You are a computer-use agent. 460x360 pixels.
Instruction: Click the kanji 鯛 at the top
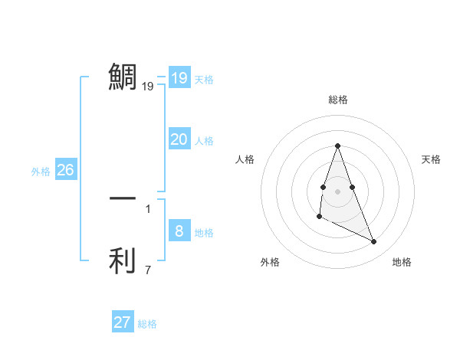pos(123,78)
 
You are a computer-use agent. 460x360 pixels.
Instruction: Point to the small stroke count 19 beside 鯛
pos(148,87)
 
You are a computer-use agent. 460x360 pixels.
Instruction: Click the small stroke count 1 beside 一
pos(148,208)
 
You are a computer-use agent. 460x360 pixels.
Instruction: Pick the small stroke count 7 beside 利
pos(148,270)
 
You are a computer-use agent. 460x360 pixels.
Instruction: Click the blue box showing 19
pos(179,78)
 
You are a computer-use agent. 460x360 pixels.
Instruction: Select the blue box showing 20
pos(179,139)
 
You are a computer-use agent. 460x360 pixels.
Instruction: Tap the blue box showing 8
pos(179,231)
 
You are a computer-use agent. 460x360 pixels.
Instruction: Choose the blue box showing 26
pos(65,170)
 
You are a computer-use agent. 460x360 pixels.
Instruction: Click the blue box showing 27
pos(123,322)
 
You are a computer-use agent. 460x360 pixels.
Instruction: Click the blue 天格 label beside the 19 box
pos(204,79)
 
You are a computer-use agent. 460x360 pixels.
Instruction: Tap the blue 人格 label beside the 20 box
pos(204,140)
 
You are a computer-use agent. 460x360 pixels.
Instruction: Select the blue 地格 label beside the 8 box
pos(204,232)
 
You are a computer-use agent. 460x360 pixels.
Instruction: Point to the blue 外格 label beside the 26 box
pos(41,172)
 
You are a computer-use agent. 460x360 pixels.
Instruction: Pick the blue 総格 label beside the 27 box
pos(147,324)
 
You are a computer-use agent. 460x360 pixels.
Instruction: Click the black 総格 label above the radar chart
pos(337,100)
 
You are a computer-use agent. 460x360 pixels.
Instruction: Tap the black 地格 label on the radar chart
pos(402,262)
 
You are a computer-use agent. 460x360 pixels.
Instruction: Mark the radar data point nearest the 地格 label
pos(374,242)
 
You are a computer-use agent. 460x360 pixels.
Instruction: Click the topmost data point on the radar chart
pos(337,146)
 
